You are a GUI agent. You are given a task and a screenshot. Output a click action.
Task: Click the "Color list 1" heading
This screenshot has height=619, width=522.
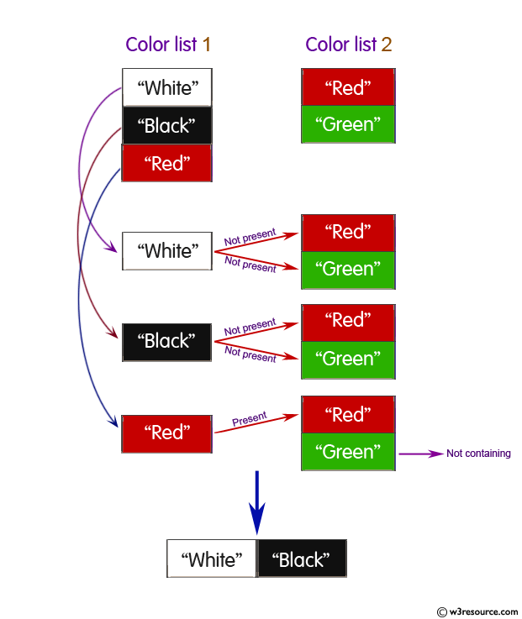tap(168, 45)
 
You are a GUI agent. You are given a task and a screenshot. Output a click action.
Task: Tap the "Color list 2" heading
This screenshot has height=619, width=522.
tap(348, 45)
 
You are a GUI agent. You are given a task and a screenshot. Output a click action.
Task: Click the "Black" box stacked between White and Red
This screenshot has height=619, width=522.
tap(167, 126)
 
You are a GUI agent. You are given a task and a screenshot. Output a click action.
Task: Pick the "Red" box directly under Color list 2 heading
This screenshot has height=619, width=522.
tap(347, 87)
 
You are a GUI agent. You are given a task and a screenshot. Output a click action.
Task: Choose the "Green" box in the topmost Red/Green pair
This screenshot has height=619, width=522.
tap(347, 124)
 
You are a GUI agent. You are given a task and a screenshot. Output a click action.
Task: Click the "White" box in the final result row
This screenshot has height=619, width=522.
tap(212, 559)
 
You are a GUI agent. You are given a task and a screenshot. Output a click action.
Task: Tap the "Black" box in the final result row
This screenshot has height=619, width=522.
tap(302, 559)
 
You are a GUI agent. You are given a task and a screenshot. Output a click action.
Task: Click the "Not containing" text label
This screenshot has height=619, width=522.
tap(478, 454)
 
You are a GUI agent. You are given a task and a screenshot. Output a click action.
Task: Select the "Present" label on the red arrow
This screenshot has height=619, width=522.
tap(250, 417)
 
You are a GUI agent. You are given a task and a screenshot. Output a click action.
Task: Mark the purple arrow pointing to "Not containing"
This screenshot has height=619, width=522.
tap(420, 454)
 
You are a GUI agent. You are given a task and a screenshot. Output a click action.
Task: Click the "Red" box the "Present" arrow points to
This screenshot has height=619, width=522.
tap(347, 415)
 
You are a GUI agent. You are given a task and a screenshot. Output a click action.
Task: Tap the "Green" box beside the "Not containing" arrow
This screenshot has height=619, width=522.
tap(347, 452)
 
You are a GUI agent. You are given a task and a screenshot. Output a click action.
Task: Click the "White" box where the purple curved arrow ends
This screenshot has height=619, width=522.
tap(166, 251)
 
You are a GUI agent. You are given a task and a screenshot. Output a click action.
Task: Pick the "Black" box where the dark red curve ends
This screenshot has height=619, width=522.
tap(166, 342)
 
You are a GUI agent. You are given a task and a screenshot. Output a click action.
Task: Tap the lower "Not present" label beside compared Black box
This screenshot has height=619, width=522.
tap(250, 354)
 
